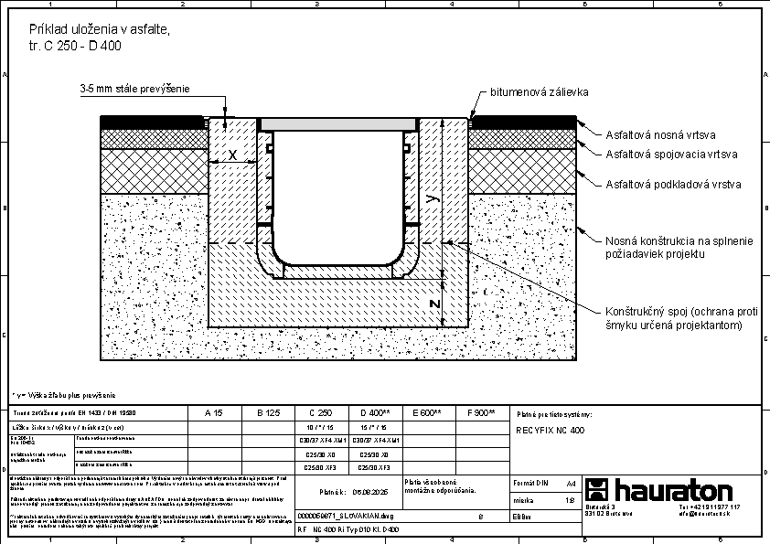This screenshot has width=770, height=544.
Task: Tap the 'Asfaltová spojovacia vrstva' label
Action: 671,155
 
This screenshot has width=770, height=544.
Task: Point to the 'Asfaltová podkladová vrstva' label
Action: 673,185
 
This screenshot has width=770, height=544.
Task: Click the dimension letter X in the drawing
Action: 232,155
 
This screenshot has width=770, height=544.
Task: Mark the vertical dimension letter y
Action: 433,196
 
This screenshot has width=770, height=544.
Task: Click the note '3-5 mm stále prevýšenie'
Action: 134,89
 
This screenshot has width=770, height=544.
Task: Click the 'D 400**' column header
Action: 376,413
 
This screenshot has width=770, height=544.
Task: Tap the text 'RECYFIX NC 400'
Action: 551,429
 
